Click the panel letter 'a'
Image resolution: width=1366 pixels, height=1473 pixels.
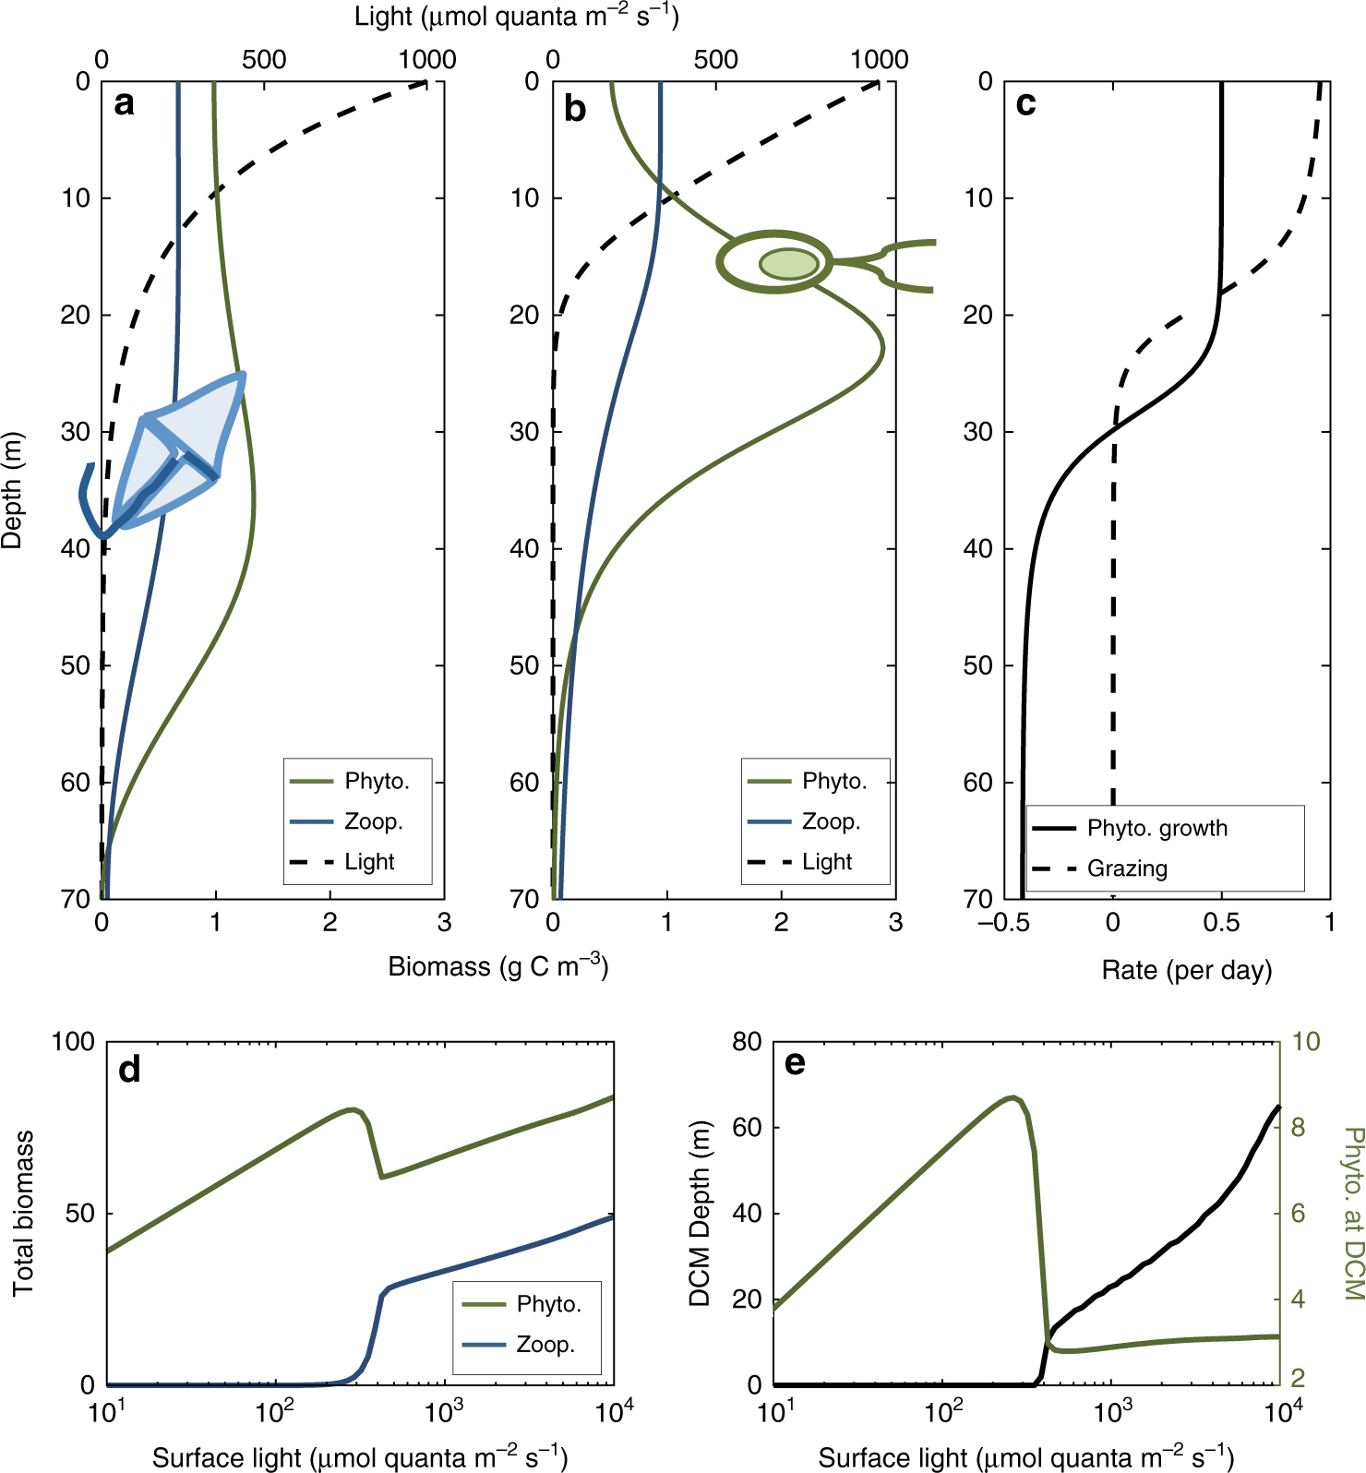124,103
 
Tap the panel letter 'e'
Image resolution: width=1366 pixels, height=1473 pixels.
794,1063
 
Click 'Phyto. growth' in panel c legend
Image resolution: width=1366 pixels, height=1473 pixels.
1156,828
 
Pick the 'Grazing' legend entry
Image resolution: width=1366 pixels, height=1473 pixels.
1127,868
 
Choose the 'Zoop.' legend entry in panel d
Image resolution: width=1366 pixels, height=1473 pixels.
545,1345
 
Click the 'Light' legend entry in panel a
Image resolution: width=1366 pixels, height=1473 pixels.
369,862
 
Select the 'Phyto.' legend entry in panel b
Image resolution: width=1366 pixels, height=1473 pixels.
834,781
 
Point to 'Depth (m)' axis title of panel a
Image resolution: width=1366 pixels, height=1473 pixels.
12,490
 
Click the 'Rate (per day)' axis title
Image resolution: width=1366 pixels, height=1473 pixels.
1186,970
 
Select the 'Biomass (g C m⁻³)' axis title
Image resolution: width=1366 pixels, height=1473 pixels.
497,966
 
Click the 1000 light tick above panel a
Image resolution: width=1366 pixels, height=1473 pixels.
427,60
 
